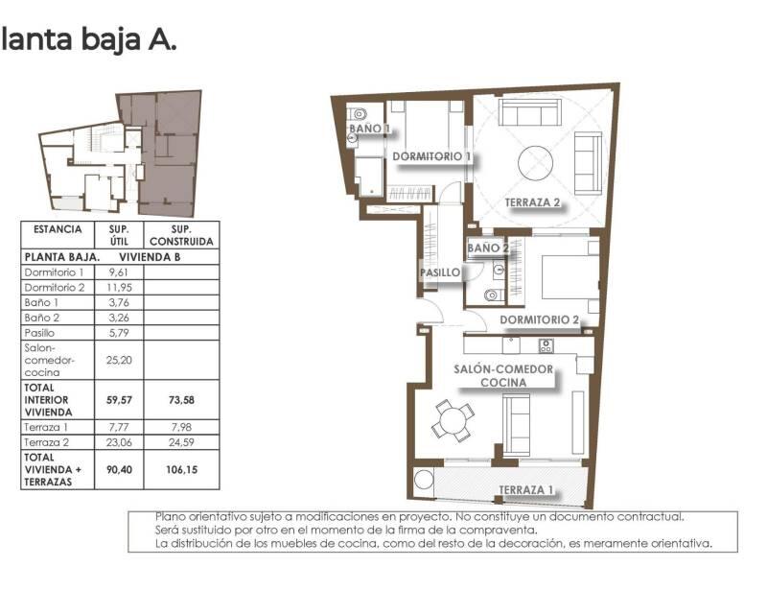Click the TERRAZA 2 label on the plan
(533, 202)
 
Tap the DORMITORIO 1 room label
(431, 155)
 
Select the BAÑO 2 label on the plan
(489, 248)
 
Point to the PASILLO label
(440, 272)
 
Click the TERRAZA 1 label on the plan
(526, 490)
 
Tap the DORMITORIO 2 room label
(540, 320)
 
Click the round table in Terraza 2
(537, 162)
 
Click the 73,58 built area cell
(180, 400)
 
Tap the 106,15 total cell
(180, 470)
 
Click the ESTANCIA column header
(58, 230)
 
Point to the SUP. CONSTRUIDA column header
(180, 236)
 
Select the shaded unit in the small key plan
(168, 153)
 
